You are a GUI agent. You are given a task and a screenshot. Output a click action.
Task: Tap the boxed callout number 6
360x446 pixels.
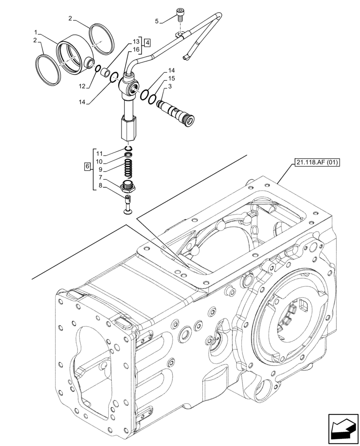87,167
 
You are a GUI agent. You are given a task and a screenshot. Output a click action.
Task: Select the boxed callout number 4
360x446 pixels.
147,43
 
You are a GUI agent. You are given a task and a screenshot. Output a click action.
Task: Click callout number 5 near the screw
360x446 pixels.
156,21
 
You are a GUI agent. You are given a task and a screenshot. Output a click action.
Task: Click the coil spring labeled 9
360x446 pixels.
128,170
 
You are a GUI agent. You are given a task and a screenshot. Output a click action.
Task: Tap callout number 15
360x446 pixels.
172,78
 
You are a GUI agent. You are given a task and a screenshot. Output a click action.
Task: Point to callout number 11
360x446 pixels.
99,153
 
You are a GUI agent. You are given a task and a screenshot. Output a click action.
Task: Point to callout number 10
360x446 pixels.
99,161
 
